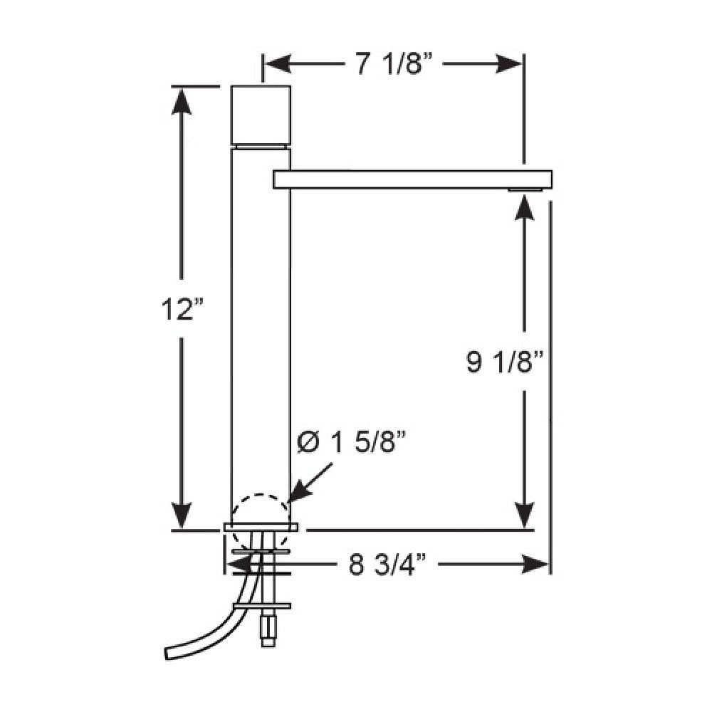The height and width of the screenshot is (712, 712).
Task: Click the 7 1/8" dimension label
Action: (394, 65)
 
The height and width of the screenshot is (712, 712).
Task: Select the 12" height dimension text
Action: (182, 310)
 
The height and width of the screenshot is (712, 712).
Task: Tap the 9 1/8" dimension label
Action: (506, 362)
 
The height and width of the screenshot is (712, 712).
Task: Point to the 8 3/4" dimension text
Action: (388, 565)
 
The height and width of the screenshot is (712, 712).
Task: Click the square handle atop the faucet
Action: (261, 114)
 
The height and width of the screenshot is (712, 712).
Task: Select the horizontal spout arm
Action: (413, 179)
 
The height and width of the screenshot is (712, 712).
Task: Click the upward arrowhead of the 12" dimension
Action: (183, 100)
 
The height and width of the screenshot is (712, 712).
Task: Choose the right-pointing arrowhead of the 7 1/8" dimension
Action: (511, 65)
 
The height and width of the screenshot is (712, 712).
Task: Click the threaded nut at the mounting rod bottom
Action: (269, 630)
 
